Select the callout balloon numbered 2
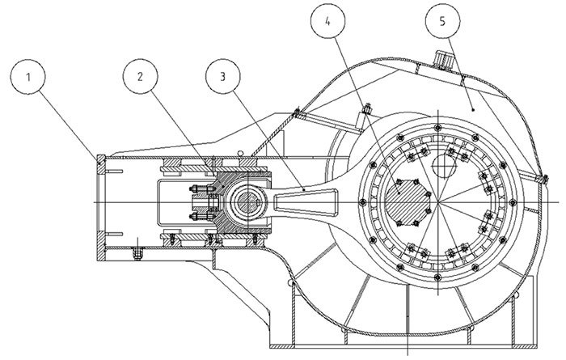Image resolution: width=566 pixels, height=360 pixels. pos(141,78)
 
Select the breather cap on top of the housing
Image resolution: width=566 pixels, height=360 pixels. pos(443,60)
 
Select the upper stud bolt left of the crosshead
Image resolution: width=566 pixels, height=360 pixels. pos(196,192)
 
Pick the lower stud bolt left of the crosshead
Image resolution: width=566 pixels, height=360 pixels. pos(196,217)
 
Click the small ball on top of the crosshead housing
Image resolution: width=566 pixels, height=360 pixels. pos(241,153)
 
